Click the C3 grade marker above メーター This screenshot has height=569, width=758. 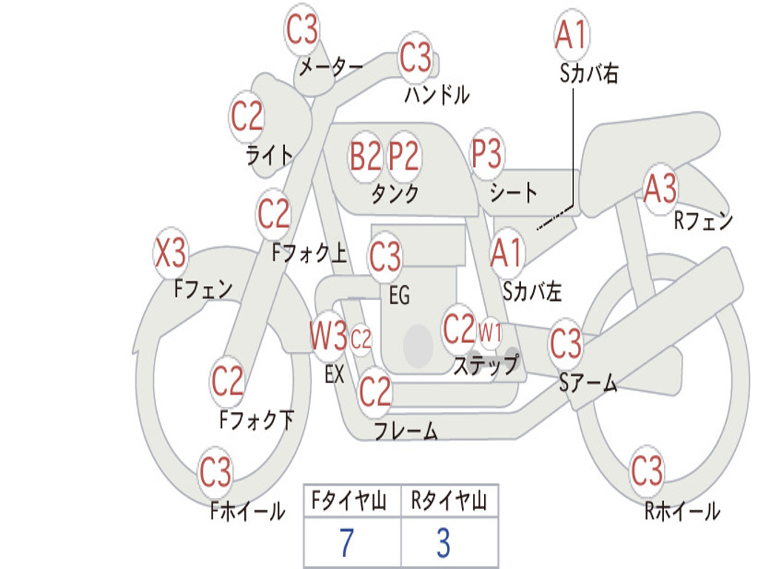click(x=302, y=30)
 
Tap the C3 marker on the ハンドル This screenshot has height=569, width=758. click(x=415, y=57)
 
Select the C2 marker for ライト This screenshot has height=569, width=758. click(x=247, y=116)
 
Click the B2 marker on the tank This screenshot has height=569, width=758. click(x=366, y=156)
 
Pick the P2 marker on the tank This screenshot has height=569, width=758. click(x=404, y=156)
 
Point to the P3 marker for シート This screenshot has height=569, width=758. click(x=487, y=155)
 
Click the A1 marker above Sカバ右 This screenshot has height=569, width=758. click(x=571, y=35)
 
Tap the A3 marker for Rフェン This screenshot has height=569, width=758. click(x=660, y=189)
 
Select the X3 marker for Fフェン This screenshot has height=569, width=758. click(x=170, y=254)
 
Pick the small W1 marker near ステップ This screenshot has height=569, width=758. click(x=490, y=331)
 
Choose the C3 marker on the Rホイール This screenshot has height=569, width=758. click(x=647, y=470)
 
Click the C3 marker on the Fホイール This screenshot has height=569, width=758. click(x=215, y=472)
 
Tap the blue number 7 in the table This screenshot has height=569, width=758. click(x=346, y=543)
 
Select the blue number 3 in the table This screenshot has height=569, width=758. click(x=443, y=543)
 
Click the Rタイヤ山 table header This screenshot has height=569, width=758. click(x=449, y=502)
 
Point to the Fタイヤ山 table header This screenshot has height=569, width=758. click(x=349, y=502)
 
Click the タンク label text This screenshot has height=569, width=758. click(x=395, y=194)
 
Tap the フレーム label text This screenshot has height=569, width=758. click(x=406, y=430)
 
